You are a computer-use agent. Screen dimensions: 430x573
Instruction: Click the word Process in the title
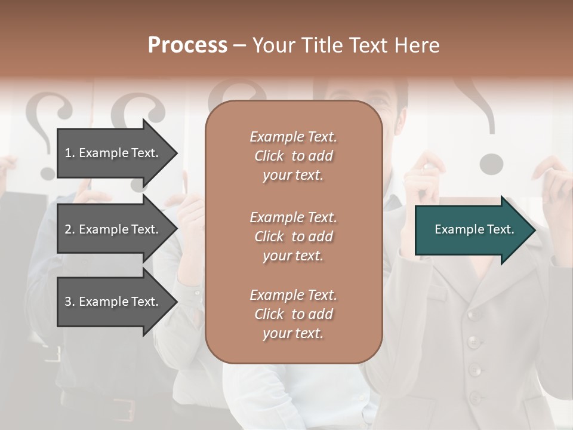(187, 45)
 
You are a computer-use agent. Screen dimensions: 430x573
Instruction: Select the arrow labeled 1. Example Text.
(113, 153)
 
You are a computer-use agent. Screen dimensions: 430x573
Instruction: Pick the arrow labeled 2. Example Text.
(113, 229)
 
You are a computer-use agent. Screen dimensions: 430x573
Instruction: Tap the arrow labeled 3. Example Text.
(113, 302)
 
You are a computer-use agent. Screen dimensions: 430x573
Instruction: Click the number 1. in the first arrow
(69, 153)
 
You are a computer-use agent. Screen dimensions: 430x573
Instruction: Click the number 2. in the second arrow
(69, 229)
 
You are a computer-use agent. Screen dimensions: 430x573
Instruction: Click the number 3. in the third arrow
(69, 302)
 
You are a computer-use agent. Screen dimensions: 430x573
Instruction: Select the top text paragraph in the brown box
(293, 156)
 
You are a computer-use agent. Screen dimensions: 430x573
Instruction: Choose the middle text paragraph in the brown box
(293, 236)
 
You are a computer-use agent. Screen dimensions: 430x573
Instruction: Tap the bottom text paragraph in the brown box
(293, 314)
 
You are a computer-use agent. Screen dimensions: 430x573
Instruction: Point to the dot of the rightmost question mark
(491, 164)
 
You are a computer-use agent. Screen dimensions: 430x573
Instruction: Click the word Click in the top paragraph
(269, 156)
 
